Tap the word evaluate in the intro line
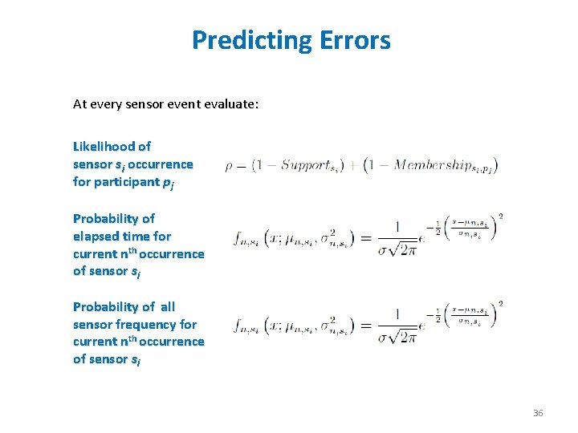coord(231,103)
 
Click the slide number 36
coord(537,412)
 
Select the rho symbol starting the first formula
coord(230,167)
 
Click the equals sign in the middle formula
coord(364,237)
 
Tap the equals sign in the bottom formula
coord(364,326)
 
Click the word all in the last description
coord(167,306)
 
